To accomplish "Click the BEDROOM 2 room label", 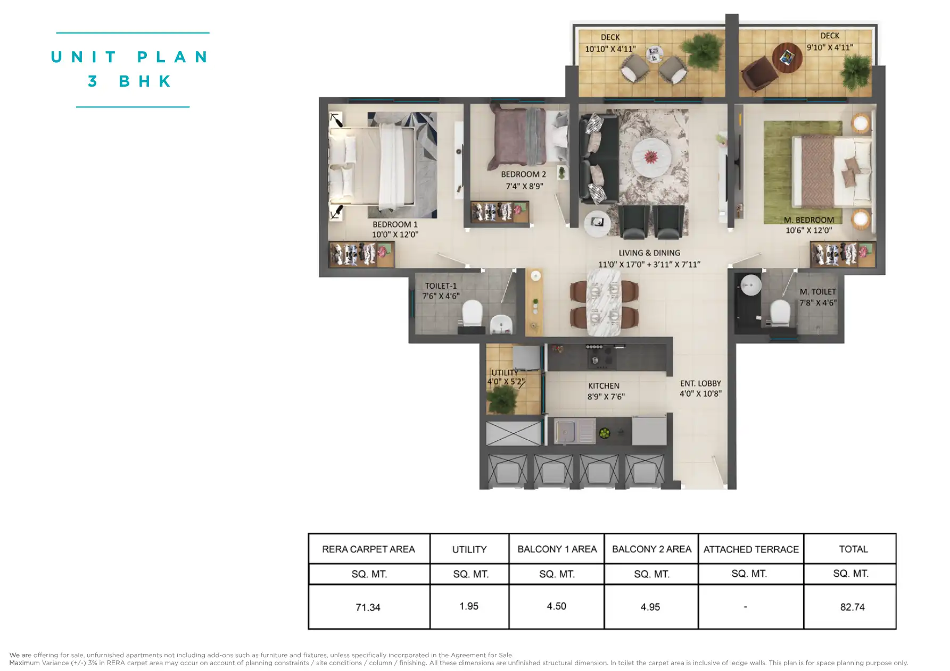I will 523,174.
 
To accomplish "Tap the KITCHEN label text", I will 604,386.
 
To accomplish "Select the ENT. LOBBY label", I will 700,383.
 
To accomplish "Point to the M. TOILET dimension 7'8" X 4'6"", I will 817,303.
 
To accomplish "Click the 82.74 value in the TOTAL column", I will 852,607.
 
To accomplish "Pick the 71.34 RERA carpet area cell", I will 368,607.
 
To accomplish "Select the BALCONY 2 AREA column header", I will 651,549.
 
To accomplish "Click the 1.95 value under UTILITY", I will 469,606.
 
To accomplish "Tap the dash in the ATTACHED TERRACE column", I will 745,607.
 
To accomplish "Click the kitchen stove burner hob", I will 601,355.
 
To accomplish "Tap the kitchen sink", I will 575,431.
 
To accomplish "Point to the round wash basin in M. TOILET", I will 750,285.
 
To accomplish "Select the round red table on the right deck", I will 787,57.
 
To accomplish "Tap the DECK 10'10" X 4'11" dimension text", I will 610,49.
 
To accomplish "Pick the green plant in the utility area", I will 502,398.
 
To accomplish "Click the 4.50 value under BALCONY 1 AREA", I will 556,606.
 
